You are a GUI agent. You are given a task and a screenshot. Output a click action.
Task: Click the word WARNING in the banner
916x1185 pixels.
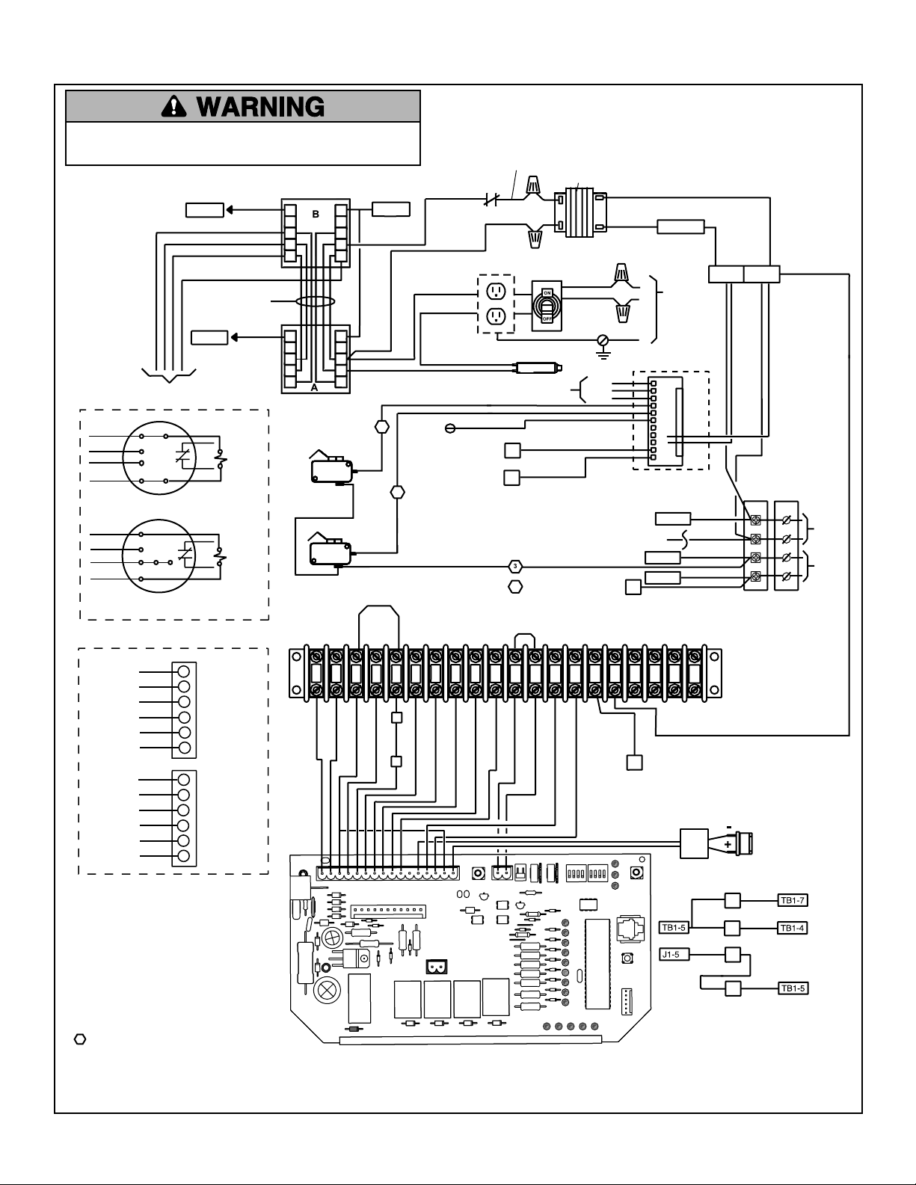click(261, 107)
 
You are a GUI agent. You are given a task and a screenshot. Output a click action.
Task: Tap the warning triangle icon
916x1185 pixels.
click(174, 106)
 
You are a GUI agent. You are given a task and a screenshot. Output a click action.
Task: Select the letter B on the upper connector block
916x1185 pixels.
click(315, 215)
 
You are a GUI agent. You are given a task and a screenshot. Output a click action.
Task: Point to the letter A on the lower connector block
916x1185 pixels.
click(314, 388)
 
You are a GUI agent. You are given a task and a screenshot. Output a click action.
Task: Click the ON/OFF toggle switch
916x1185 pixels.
click(547, 306)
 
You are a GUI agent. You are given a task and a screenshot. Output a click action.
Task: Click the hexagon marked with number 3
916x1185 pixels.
click(514, 567)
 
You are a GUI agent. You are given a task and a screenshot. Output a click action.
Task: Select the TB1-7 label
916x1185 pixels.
click(792, 900)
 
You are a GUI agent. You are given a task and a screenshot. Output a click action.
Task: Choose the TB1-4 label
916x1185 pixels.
click(792, 928)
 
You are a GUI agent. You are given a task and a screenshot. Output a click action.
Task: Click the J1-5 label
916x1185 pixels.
click(674, 955)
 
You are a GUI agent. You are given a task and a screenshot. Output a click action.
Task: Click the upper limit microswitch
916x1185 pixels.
click(331, 470)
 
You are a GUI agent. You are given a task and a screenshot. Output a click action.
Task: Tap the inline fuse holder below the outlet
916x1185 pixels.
click(538, 368)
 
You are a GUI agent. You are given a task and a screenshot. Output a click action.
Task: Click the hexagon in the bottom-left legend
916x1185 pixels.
click(79, 1039)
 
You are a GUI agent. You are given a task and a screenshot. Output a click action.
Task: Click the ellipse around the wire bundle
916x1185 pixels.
click(315, 301)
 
